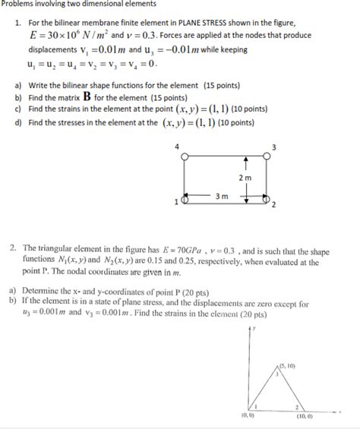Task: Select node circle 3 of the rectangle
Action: (x=266, y=155)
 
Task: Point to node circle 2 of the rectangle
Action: (x=266, y=200)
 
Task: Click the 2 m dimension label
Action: (x=245, y=178)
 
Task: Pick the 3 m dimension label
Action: (x=222, y=196)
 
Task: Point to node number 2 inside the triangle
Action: (x=297, y=407)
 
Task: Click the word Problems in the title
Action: (x=19, y=5)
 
